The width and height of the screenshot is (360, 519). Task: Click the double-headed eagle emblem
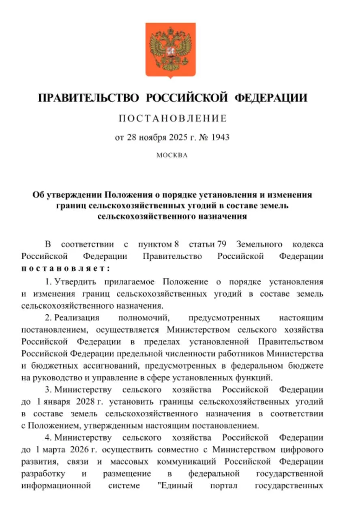pos(170,50)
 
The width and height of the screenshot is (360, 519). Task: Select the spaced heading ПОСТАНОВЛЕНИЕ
pos(172,119)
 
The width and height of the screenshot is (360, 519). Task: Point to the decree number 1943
pos(220,137)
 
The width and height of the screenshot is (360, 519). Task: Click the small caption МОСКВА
pos(172,155)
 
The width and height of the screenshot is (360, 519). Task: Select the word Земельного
pos(259,245)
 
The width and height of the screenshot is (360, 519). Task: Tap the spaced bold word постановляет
pos(66,268)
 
